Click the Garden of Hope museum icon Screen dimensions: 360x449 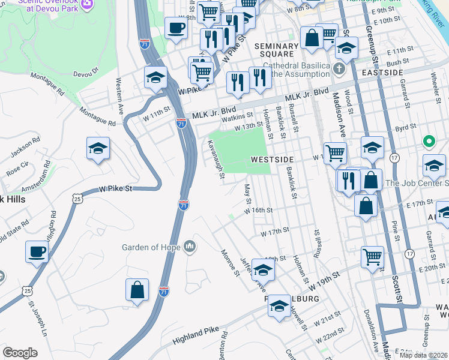coord(190,247)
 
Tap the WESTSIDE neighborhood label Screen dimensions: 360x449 coord(272,159)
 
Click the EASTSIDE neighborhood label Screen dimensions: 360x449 coord(382,72)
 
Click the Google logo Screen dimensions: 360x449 coord(20,353)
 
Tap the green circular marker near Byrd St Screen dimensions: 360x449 coord(429,142)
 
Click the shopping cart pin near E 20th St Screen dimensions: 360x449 coord(372,257)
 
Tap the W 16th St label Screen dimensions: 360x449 coord(259,210)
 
